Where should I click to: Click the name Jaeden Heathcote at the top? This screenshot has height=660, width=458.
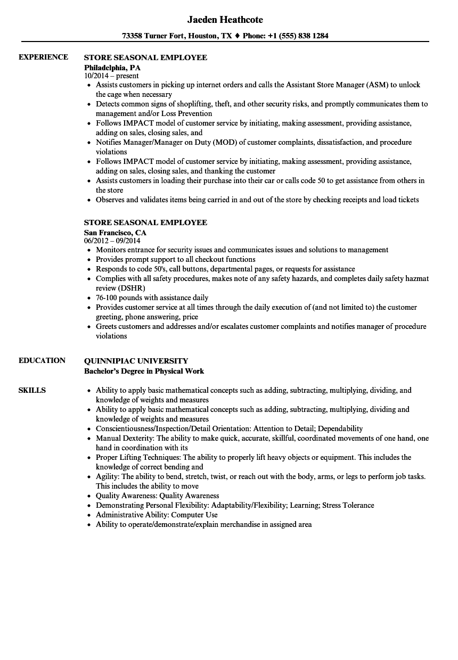225,20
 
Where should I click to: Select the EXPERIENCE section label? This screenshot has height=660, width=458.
43,57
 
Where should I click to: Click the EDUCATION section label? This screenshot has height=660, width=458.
42,360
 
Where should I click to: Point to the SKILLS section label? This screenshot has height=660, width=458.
32,390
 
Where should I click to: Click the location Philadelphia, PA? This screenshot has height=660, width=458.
112,68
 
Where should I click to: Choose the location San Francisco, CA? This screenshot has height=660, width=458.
115,233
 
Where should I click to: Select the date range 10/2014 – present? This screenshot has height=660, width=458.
111,76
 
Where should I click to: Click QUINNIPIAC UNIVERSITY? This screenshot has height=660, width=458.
136,360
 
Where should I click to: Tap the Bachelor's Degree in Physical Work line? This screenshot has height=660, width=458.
144,371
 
